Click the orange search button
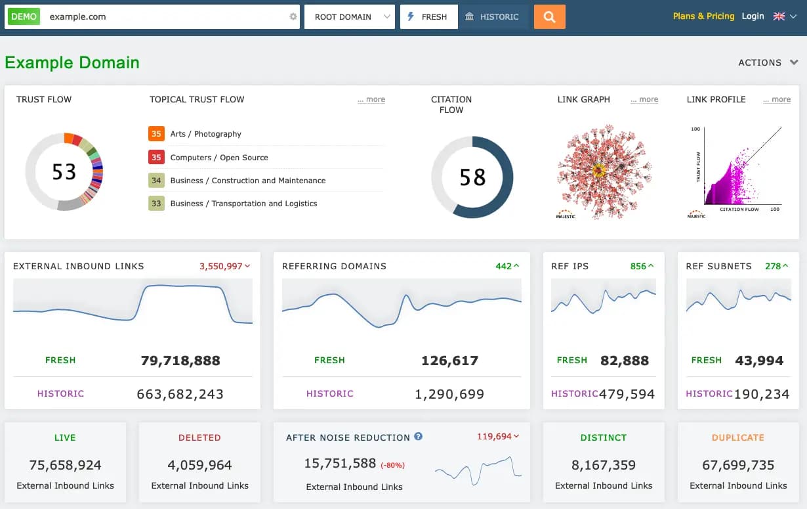549,17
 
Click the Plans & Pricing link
703,16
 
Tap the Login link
753,16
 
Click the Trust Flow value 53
64,172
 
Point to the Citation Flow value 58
472,177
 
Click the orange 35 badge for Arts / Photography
156,134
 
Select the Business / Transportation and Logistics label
243,204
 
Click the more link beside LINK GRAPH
644,100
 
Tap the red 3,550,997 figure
221,266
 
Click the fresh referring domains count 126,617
449,361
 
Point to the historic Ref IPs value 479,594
627,394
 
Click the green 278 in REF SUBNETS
773,266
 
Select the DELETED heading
199,437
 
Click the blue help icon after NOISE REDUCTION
419,437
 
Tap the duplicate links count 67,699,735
738,465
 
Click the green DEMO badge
24,17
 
